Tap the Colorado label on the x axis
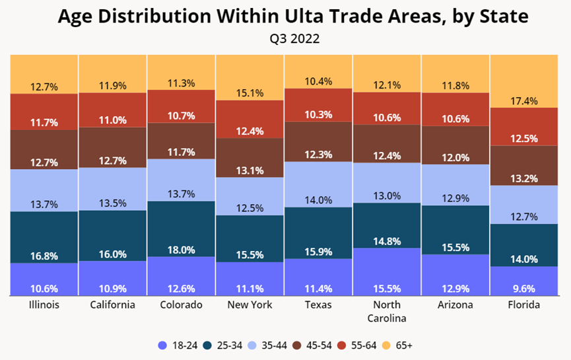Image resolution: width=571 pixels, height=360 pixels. pyautogui.click(x=181, y=305)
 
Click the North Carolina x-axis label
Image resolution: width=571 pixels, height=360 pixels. pyautogui.click(x=387, y=310)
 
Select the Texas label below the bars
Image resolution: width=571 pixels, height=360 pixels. pyautogui.click(x=318, y=305)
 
